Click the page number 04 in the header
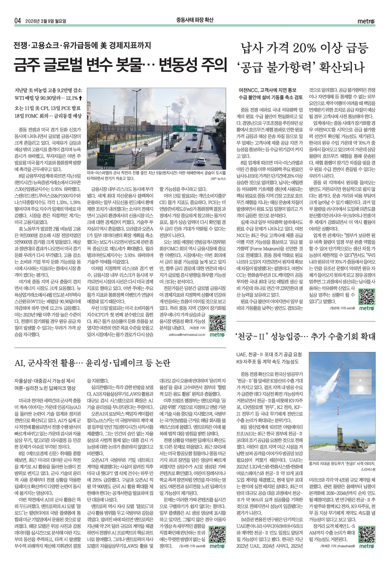(x=18, y=20)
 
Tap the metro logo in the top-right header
(x=366, y=21)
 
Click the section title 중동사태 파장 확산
(x=195, y=20)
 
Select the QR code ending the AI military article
(x=217, y=534)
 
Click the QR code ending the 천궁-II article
(x=366, y=534)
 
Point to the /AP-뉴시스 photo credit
(x=218, y=178)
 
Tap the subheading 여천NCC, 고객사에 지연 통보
(x=267, y=90)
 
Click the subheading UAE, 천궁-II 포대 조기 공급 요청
(x=269, y=354)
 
